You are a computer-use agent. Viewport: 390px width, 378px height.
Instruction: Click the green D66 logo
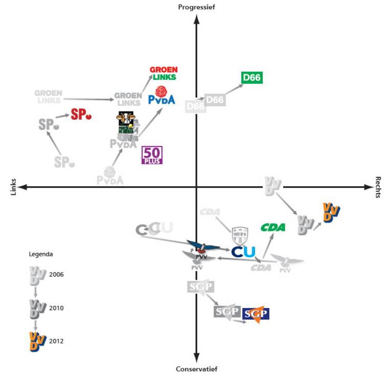coord(251,78)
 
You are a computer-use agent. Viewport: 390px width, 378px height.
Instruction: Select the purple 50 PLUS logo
coord(152,155)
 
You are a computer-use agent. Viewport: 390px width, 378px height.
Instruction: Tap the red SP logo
coord(81,115)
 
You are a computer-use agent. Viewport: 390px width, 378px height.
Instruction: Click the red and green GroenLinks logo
coord(163,74)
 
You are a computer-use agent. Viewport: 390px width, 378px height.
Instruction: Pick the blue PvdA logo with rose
coord(162,96)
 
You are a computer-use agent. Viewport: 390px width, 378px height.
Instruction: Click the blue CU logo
coord(243,252)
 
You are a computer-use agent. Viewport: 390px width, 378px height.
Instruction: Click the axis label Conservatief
coord(196,369)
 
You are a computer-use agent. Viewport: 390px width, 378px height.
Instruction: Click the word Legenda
coord(40,253)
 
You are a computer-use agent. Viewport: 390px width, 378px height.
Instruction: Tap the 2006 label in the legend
coord(57,274)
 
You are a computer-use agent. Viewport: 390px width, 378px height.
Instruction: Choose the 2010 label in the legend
coord(57,308)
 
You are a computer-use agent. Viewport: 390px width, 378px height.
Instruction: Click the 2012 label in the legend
coord(57,341)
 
